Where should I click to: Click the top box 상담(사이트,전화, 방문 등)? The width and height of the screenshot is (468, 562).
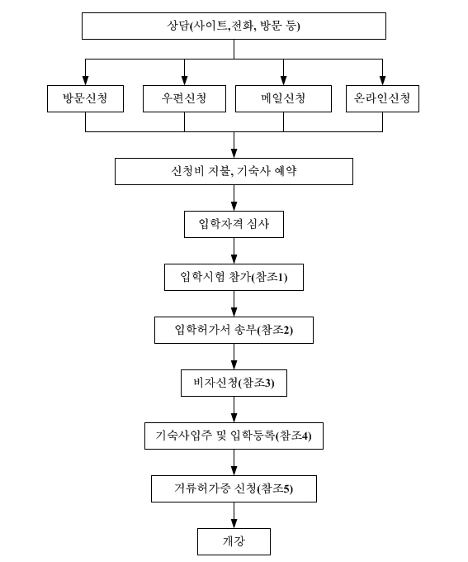click(x=234, y=26)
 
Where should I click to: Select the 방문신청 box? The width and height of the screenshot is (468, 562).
click(x=85, y=98)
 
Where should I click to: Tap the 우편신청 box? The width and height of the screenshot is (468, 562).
click(x=184, y=98)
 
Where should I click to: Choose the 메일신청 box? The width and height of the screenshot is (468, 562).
click(x=283, y=98)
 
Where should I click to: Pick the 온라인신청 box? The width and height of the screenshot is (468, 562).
click(x=382, y=98)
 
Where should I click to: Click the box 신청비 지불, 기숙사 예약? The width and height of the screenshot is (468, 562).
click(x=234, y=171)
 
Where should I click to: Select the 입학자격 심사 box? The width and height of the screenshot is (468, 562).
click(x=234, y=224)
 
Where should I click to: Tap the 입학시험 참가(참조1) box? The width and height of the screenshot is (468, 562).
click(x=234, y=277)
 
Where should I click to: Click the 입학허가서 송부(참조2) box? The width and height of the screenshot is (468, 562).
click(x=234, y=330)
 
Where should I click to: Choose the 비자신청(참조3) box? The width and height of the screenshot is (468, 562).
click(x=234, y=383)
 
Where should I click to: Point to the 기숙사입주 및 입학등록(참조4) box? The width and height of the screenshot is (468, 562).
click(x=234, y=436)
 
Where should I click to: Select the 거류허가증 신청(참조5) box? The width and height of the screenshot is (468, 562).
click(x=234, y=489)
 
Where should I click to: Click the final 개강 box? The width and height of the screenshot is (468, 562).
click(x=234, y=541)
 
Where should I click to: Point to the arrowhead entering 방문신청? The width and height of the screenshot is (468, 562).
click(x=85, y=81)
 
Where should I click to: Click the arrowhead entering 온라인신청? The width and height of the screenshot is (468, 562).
click(x=382, y=81)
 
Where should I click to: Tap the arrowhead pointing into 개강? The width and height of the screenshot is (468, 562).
click(x=234, y=524)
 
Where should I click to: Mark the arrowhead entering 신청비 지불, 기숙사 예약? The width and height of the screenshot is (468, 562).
click(x=234, y=154)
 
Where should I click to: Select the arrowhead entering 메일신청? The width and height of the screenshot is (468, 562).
click(x=283, y=81)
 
